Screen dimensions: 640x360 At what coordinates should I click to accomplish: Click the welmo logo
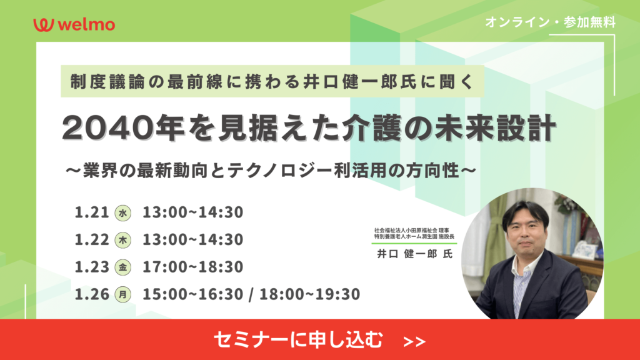[74, 24]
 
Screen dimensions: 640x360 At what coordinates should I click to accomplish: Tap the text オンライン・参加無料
[550, 22]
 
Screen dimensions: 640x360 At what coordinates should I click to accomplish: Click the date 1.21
[92, 212]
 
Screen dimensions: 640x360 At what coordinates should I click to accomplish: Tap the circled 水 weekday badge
[123, 213]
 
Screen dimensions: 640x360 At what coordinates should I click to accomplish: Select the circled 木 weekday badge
[123, 241]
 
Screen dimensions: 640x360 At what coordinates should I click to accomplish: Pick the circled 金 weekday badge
[123, 267]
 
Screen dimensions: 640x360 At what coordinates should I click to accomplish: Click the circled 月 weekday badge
[123, 294]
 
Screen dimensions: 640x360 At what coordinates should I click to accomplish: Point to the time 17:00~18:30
[192, 267]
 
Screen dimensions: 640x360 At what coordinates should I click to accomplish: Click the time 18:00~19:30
[310, 294]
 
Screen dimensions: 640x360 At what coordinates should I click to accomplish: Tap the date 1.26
[92, 294]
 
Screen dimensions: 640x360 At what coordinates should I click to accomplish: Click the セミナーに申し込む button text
[298, 339]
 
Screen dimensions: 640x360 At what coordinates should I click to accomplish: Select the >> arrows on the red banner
[414, 342]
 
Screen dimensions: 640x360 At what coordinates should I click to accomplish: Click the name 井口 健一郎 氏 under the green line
[415, 254]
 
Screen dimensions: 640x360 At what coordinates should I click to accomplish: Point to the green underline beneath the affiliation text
[414, 243]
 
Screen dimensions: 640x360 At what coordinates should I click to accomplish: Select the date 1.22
[92, 239]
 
